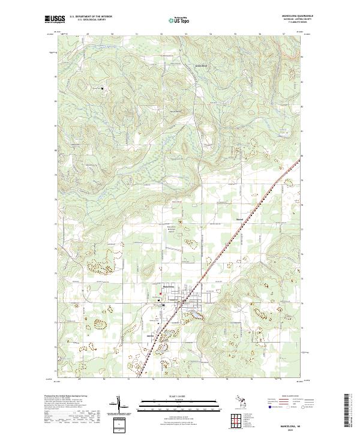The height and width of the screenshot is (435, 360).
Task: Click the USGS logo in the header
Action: pyautogui.click(x=52, y=19)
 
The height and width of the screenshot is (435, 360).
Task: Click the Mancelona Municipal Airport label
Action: pyautogui.click(x=174, y=229)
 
